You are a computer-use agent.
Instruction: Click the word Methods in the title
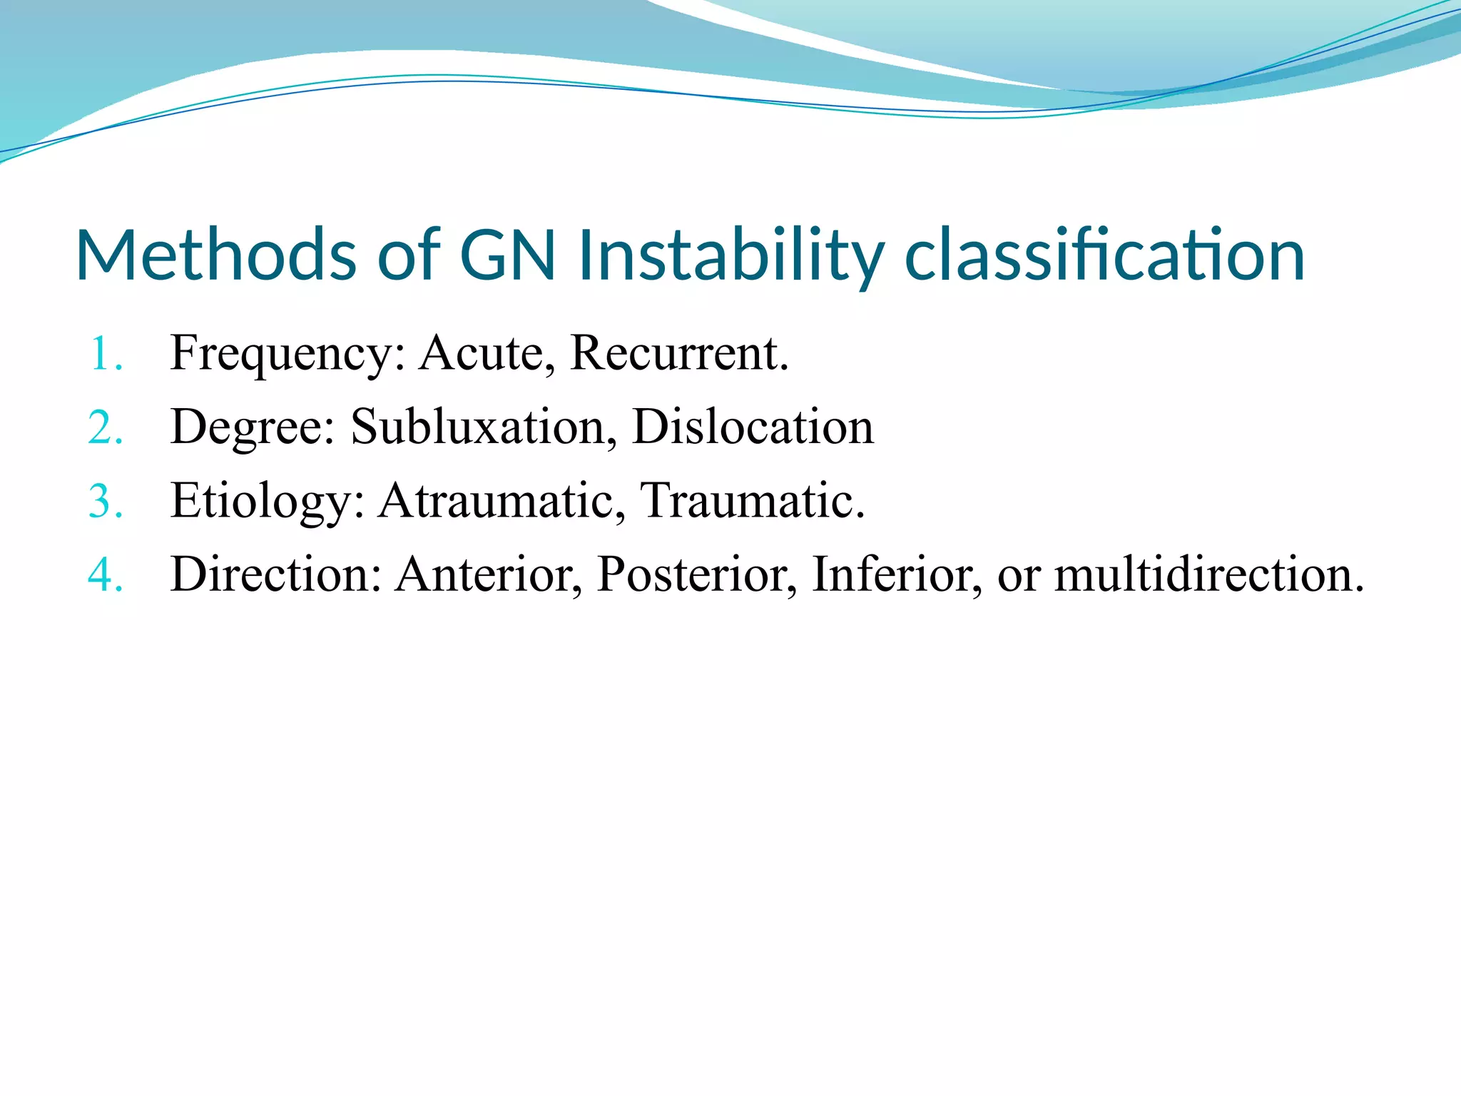(215, 255)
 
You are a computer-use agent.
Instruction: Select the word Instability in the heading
(730, 255)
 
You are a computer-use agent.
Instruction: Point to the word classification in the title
(1104, 255)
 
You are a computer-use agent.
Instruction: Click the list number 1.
(105, 354)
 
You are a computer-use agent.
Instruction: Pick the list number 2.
(105, 428)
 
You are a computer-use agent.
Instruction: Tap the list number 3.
(105, 502)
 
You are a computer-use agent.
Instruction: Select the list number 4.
(105, 575)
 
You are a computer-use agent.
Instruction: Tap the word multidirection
(1208, 574)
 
